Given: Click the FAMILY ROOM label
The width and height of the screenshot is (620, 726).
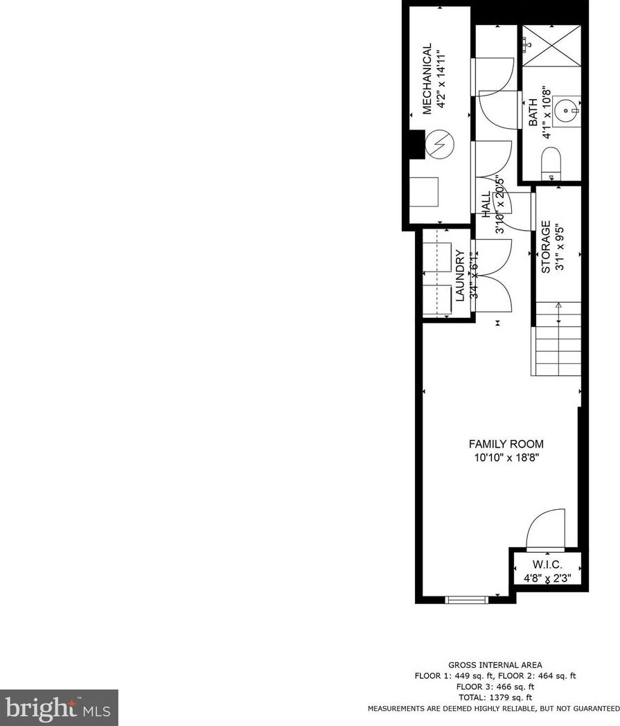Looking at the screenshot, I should point(506,444).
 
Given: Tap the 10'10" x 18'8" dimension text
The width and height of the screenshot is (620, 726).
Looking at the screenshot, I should point(506,457).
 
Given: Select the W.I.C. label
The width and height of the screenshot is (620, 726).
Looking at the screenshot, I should point(547,565).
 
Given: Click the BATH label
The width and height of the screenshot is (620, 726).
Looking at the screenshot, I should point(533,112).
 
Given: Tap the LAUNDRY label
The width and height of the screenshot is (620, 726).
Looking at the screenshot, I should point(459,275).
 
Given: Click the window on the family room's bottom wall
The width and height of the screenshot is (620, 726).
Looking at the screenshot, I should point(466,600).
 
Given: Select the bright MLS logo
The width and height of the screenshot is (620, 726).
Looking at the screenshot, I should point(59,707).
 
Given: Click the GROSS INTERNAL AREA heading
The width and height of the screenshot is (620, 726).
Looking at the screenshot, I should point(495,665).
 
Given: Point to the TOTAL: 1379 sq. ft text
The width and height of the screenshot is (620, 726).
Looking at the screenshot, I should point(495,698).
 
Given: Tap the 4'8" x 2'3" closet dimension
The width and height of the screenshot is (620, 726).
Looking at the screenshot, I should point(547,578).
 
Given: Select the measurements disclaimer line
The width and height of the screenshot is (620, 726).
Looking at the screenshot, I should point(493,709).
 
